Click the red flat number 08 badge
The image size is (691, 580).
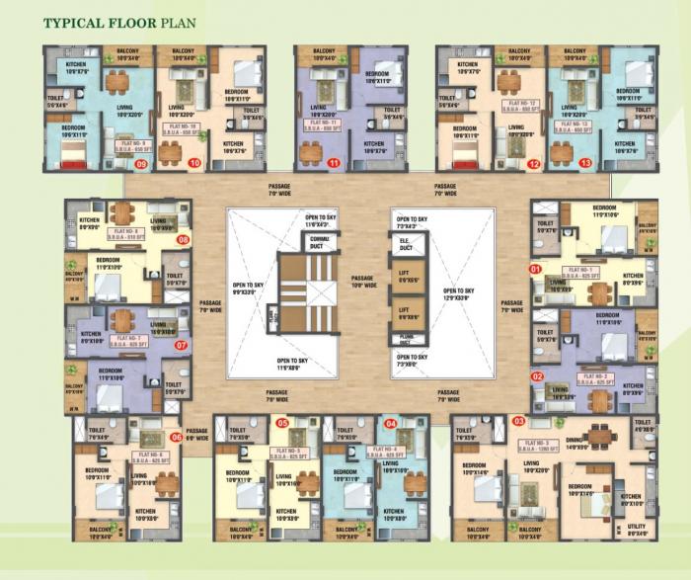(182, 239)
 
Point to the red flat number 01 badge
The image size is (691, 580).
(537, 269)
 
